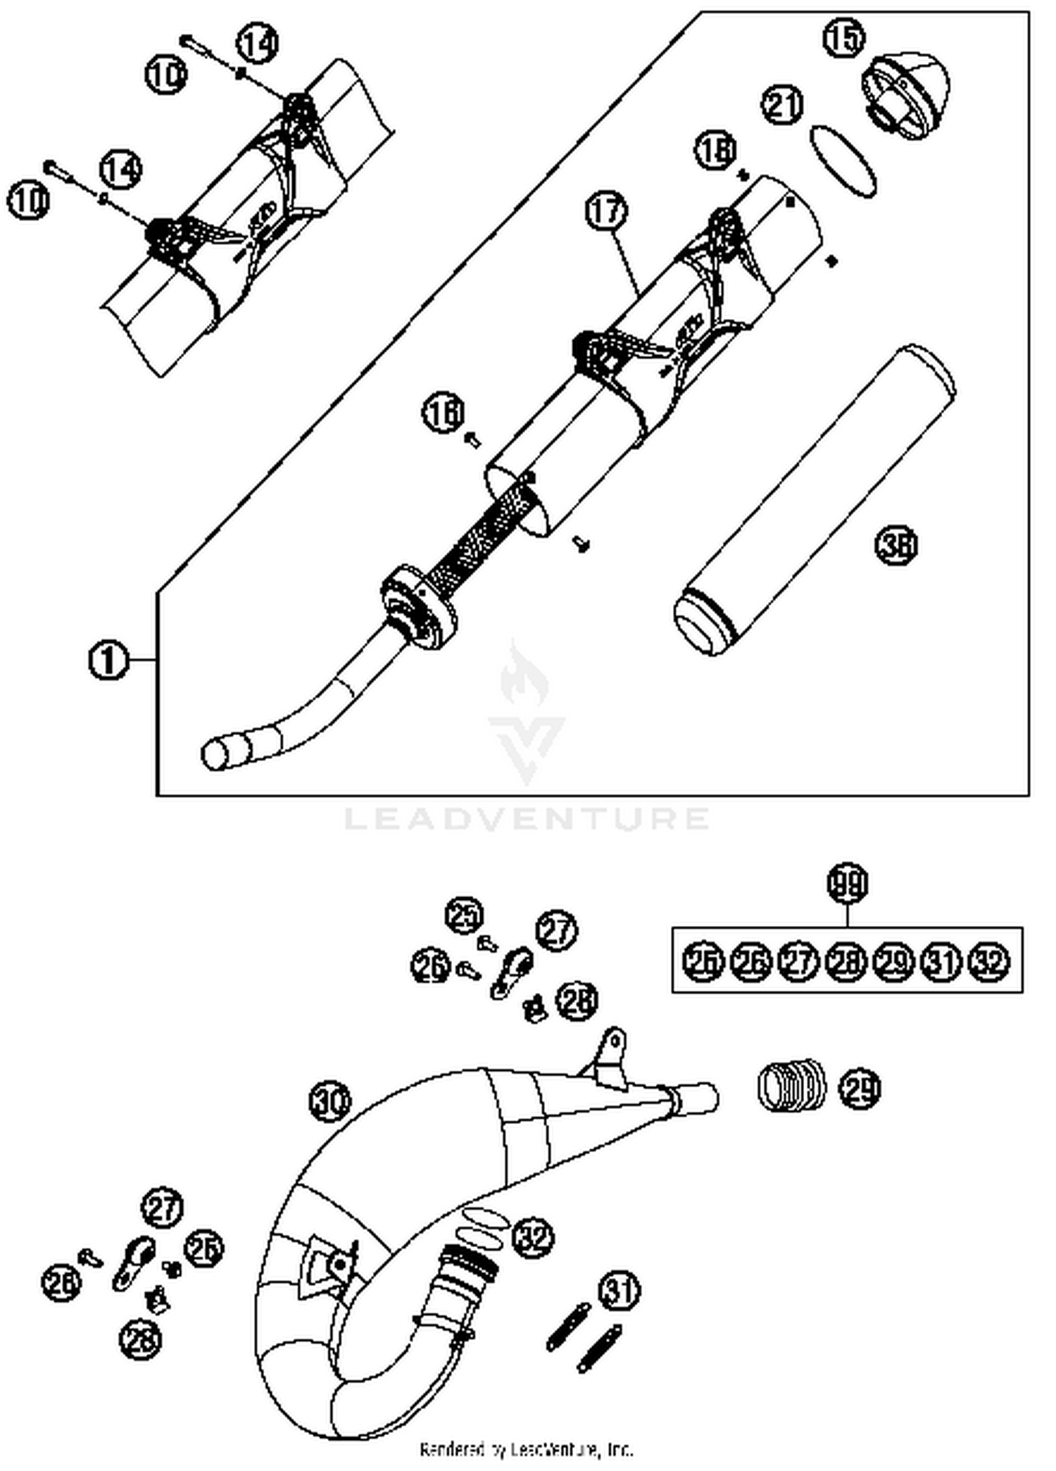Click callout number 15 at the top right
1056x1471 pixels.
pyautogui.click(x=843, y=37)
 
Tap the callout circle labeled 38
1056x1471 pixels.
pyautogui.click(x=896, y=546)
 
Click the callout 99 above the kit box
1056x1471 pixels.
pyautogui.click(x=848, y=884)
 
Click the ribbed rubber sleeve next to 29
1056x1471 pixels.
pyautogui.click(x=792, y=1085)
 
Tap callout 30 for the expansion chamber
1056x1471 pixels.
pyautogui.click(x=330, y=1102)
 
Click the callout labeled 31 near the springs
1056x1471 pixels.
pyautogui.click(x=620, y=1291)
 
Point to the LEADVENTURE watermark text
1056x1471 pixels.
pyautogui.click(x=527, y=818)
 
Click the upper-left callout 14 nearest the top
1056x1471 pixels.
pyautogui.click(x=257, y=44)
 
